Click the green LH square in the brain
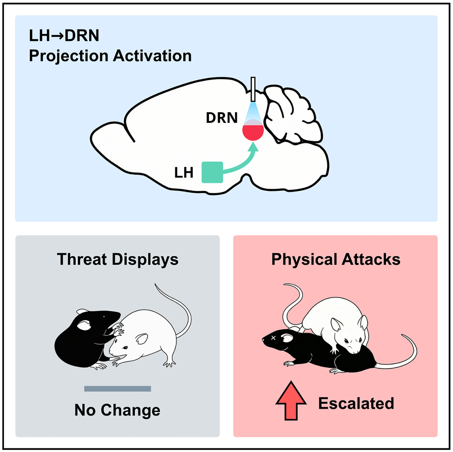pyautogui.click(x=212, y=172)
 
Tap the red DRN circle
pyautogui.click(x=253, y=131)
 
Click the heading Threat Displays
pyautogui.click(x=118, y=260)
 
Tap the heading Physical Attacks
pyautogui.click(x=335, y=260)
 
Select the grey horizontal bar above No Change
pyautogui.click(x=118, y=388)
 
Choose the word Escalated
pyautogui.click(x=356, y=403)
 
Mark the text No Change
pyautogui.click(x=118, y=410)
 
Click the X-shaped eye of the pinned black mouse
pyautogui.click(x=273, y=338)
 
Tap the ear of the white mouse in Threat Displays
pyautogui.click(x=142, y=339)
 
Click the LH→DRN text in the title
pyautogui.click(x=64, y=36)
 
